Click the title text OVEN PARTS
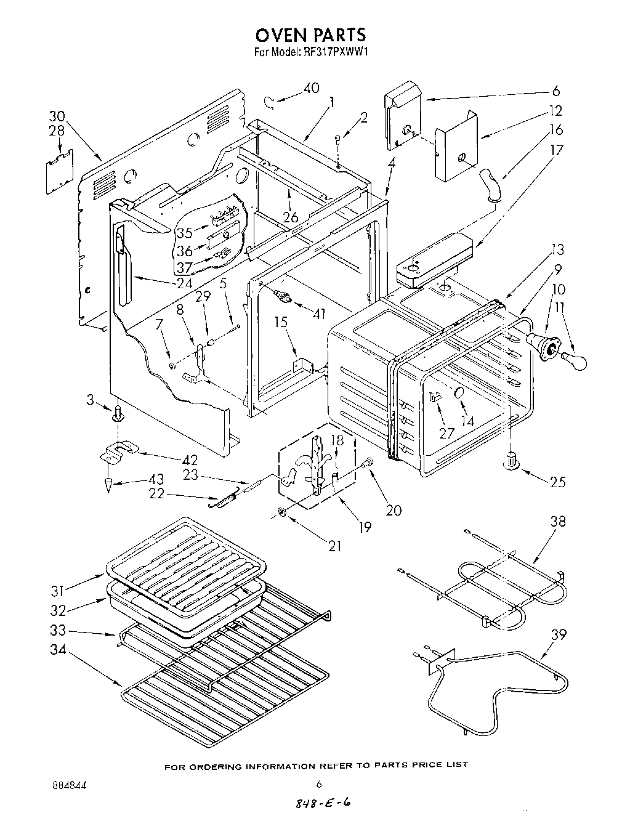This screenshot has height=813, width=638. (311, 34)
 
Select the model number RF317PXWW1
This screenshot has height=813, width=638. (336, 53)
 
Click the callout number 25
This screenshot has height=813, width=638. (557, 482)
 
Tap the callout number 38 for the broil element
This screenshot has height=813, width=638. (557, 522)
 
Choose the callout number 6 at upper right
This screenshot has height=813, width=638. (556, 91)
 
